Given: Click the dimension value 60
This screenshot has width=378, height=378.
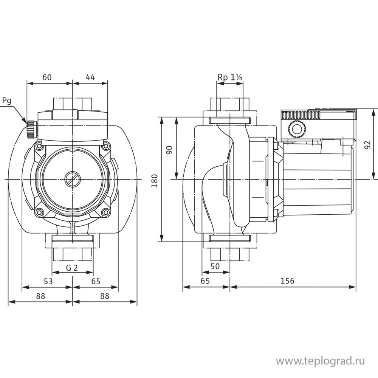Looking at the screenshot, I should point(47,77).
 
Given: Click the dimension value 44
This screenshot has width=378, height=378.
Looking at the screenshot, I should point(90,77).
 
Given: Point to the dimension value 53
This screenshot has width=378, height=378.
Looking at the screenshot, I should point(48,282).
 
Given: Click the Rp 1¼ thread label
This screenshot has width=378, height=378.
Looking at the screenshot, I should point(230,77).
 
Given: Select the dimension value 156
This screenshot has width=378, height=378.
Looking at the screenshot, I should point(287,281).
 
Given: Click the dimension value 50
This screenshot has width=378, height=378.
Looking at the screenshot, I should point(215,266).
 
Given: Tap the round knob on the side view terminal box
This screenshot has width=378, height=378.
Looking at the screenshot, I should point(296,129).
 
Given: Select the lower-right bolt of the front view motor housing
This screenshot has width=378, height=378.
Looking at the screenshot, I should point(105,212).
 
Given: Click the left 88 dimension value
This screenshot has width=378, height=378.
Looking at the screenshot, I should point(40,297).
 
